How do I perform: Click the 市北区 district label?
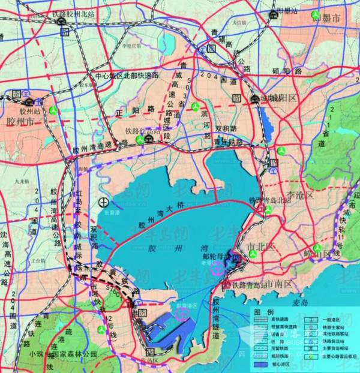(260, 246)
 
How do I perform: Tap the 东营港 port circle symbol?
(104, 202)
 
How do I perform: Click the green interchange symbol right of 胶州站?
(53, 110)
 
